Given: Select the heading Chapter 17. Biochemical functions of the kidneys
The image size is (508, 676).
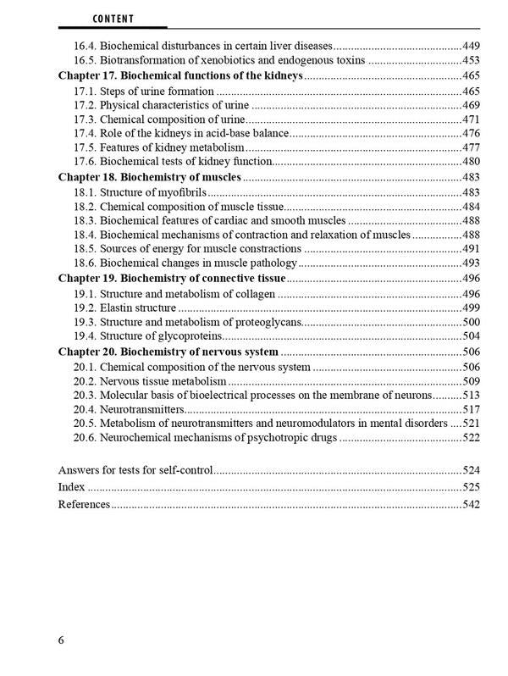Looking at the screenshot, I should coord(179,75).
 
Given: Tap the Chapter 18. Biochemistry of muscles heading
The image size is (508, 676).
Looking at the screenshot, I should coord(149,177).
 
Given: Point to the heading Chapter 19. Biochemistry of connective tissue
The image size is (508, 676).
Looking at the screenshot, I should coord(171,278).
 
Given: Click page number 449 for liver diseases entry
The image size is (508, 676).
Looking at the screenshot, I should coord(472,45).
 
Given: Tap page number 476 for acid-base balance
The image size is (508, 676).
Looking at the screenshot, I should coord(472,134).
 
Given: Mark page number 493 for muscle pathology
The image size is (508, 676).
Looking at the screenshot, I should coord(472,263).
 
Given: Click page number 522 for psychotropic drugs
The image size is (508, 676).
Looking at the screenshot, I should coord(472,438).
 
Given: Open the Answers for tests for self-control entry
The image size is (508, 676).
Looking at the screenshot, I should coord(135,468).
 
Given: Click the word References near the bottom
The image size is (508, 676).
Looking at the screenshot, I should coord(83,504).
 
